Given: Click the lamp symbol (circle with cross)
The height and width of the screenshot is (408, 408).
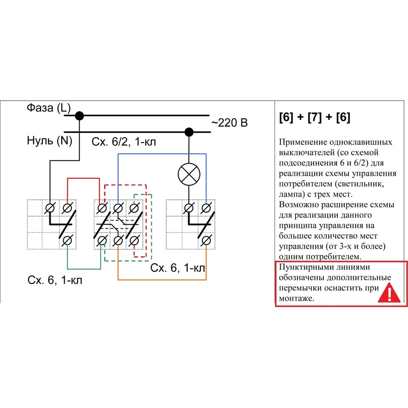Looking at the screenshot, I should [189, 175].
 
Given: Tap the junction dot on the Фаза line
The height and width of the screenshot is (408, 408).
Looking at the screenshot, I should [80, 116].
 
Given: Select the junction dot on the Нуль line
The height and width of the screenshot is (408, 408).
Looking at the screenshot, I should [188, 132].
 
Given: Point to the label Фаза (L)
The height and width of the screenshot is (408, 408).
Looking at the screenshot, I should [49, 108].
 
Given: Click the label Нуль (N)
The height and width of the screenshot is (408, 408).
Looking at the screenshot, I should [49, 141].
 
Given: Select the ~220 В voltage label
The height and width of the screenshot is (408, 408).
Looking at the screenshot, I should [229, 123].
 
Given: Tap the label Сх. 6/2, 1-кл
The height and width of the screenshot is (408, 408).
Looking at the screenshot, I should [124, 142].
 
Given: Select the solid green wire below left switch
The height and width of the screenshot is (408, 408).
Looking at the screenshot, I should [84, 268].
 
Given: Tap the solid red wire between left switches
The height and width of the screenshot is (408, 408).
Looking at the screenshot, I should [83, 178].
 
